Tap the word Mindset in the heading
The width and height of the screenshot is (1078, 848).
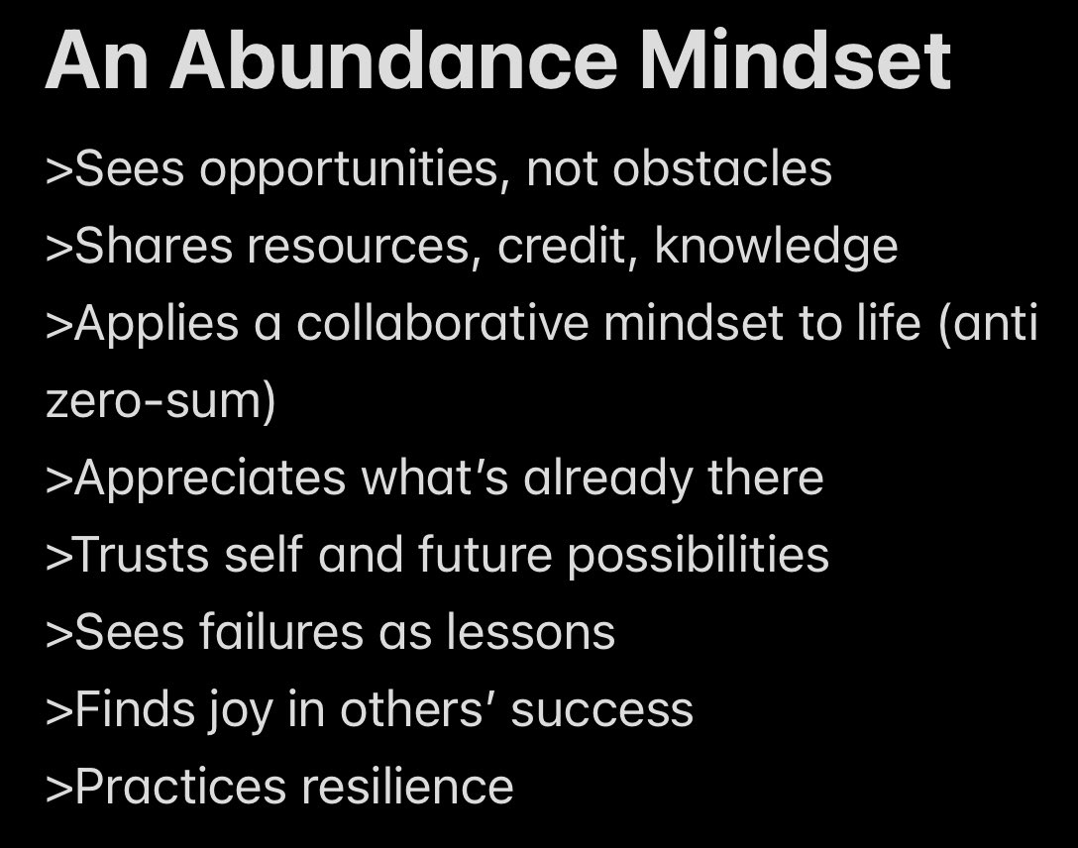[x=796, y=61]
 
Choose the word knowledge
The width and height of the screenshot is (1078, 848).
[x=776, y=248]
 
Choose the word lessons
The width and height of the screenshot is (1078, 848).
[x=530, y=633]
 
